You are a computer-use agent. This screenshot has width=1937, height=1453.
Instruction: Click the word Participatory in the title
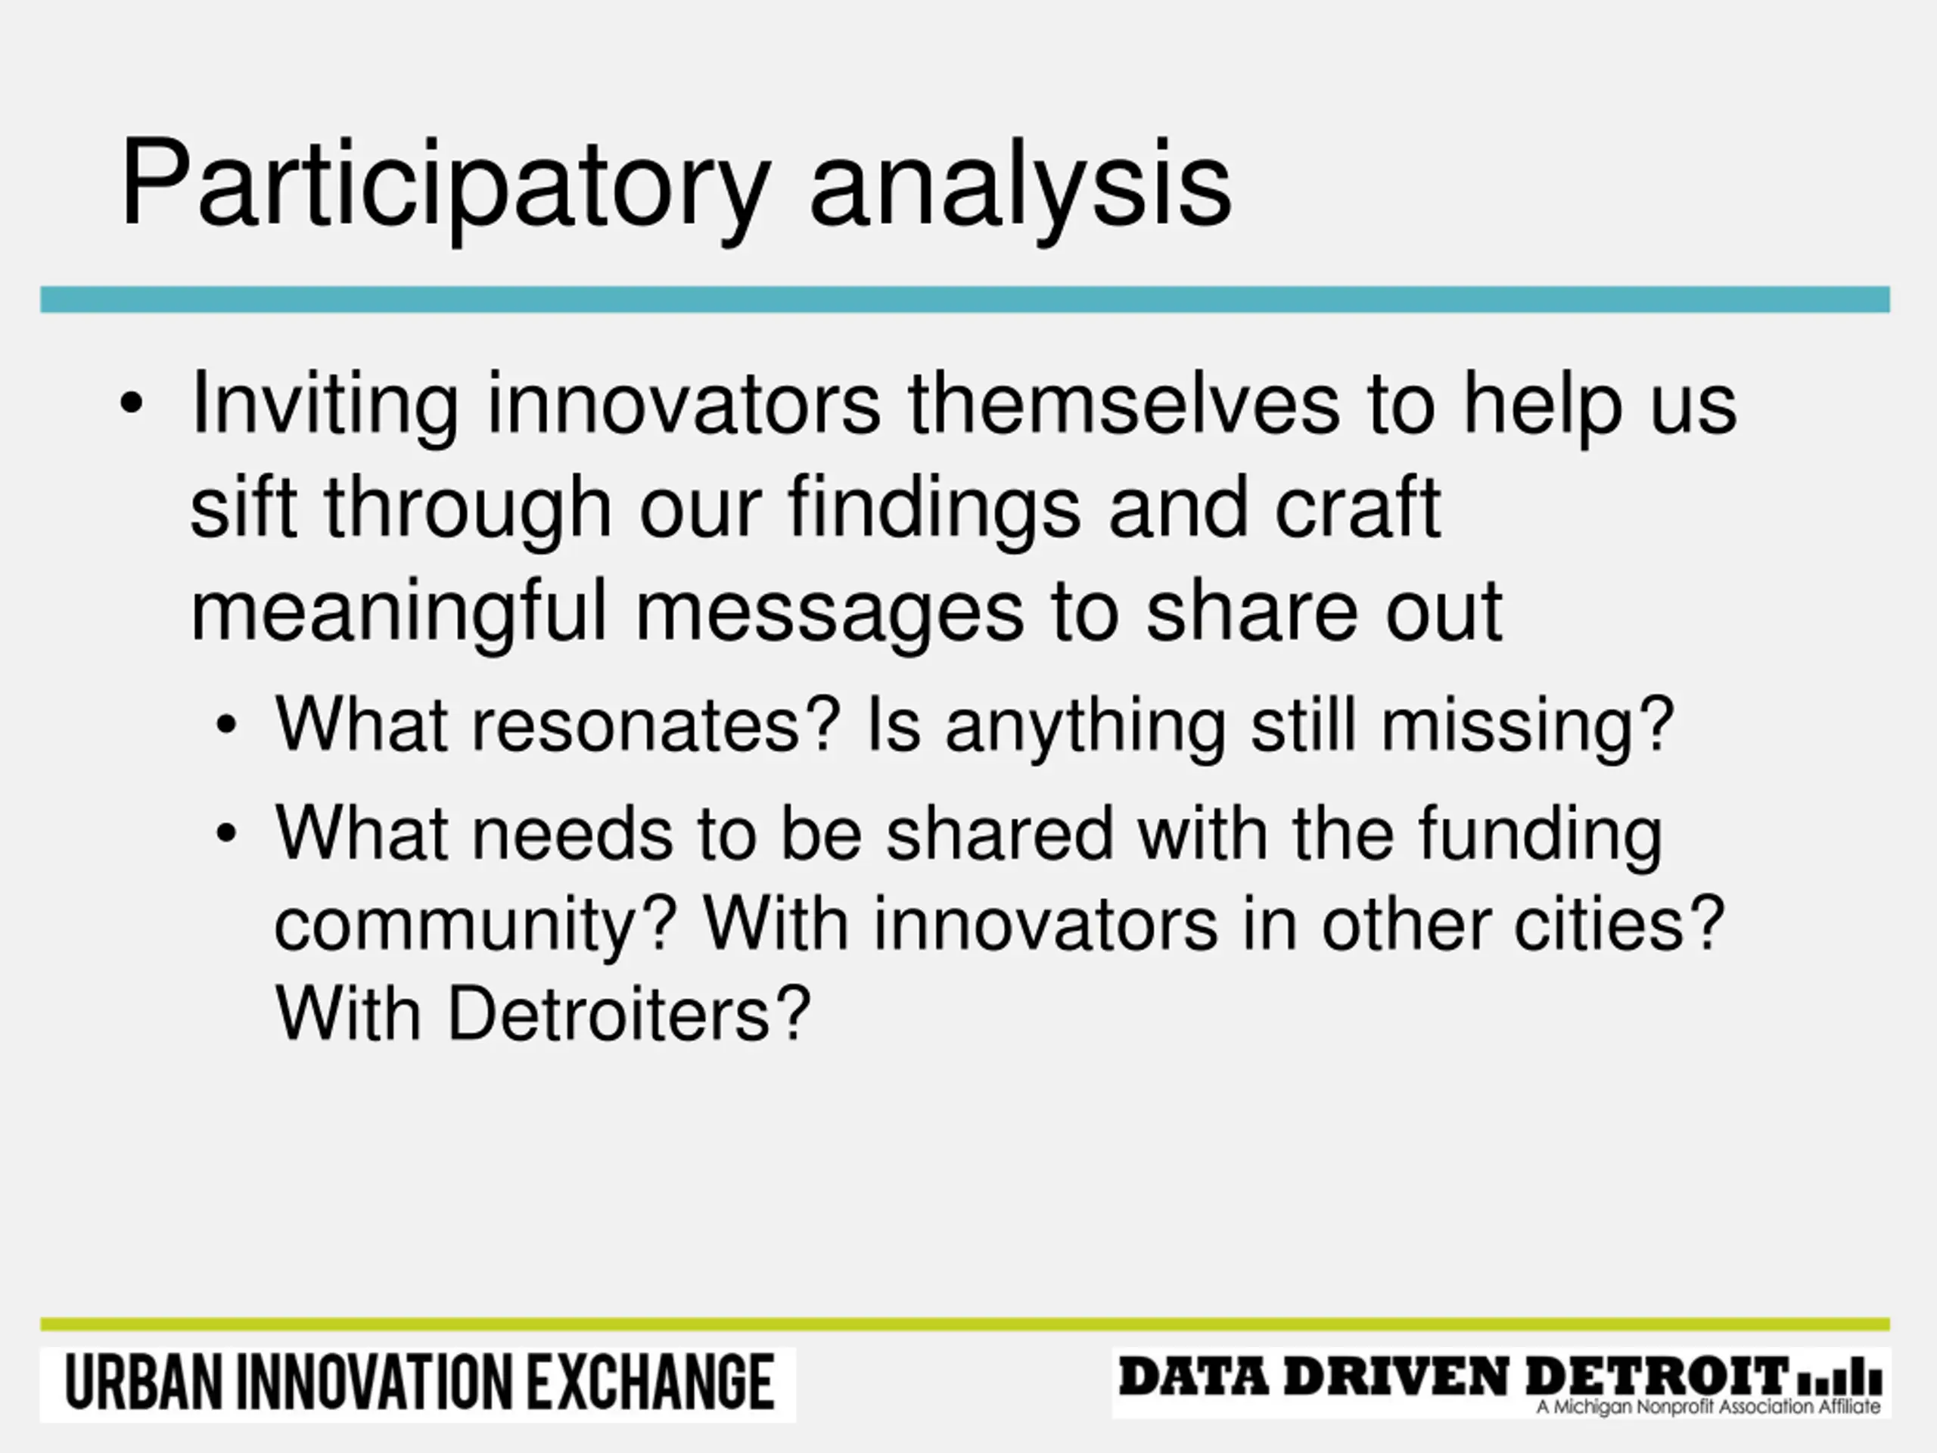445,188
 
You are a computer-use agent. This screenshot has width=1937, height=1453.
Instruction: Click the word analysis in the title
1020,188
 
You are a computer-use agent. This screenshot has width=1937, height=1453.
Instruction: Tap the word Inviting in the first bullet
324,406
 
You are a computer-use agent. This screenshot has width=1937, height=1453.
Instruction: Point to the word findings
934,510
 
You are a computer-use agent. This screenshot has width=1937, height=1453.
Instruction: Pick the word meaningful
399,612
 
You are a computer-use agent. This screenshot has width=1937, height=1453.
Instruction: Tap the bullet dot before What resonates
226,725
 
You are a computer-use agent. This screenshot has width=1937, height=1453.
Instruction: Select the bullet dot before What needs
226,833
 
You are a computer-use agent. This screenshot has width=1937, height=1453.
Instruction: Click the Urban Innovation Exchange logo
418,1385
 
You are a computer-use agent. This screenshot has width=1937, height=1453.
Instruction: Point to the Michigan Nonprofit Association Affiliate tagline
1708,1407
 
